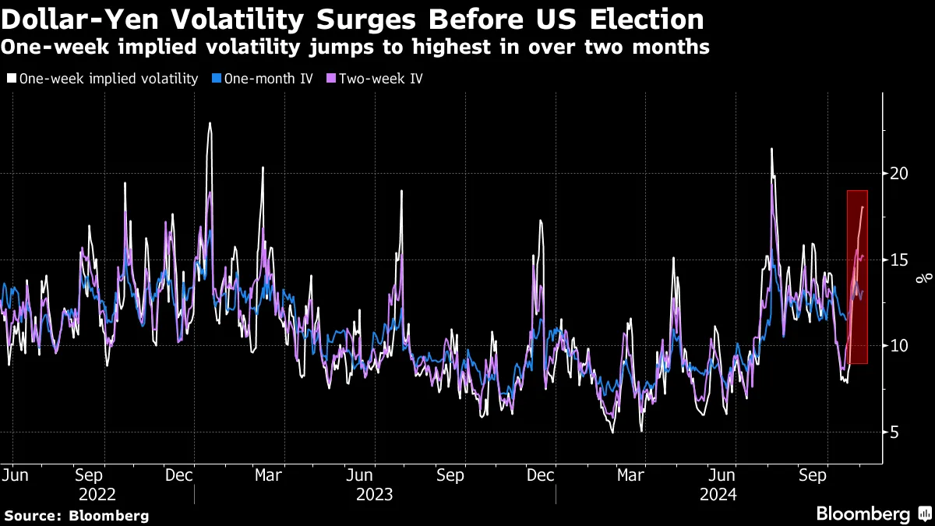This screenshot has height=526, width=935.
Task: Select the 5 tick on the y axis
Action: point(896,432)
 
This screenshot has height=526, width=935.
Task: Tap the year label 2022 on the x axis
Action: point(97,494)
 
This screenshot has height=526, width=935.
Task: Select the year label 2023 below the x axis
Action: point(375,494)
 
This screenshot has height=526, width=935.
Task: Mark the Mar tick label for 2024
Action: point(630,474)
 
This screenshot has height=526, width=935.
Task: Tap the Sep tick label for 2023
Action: point(450,474)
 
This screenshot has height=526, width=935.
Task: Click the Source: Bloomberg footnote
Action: point(76,515)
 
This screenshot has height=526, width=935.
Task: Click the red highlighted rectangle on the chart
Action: point(857,277)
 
